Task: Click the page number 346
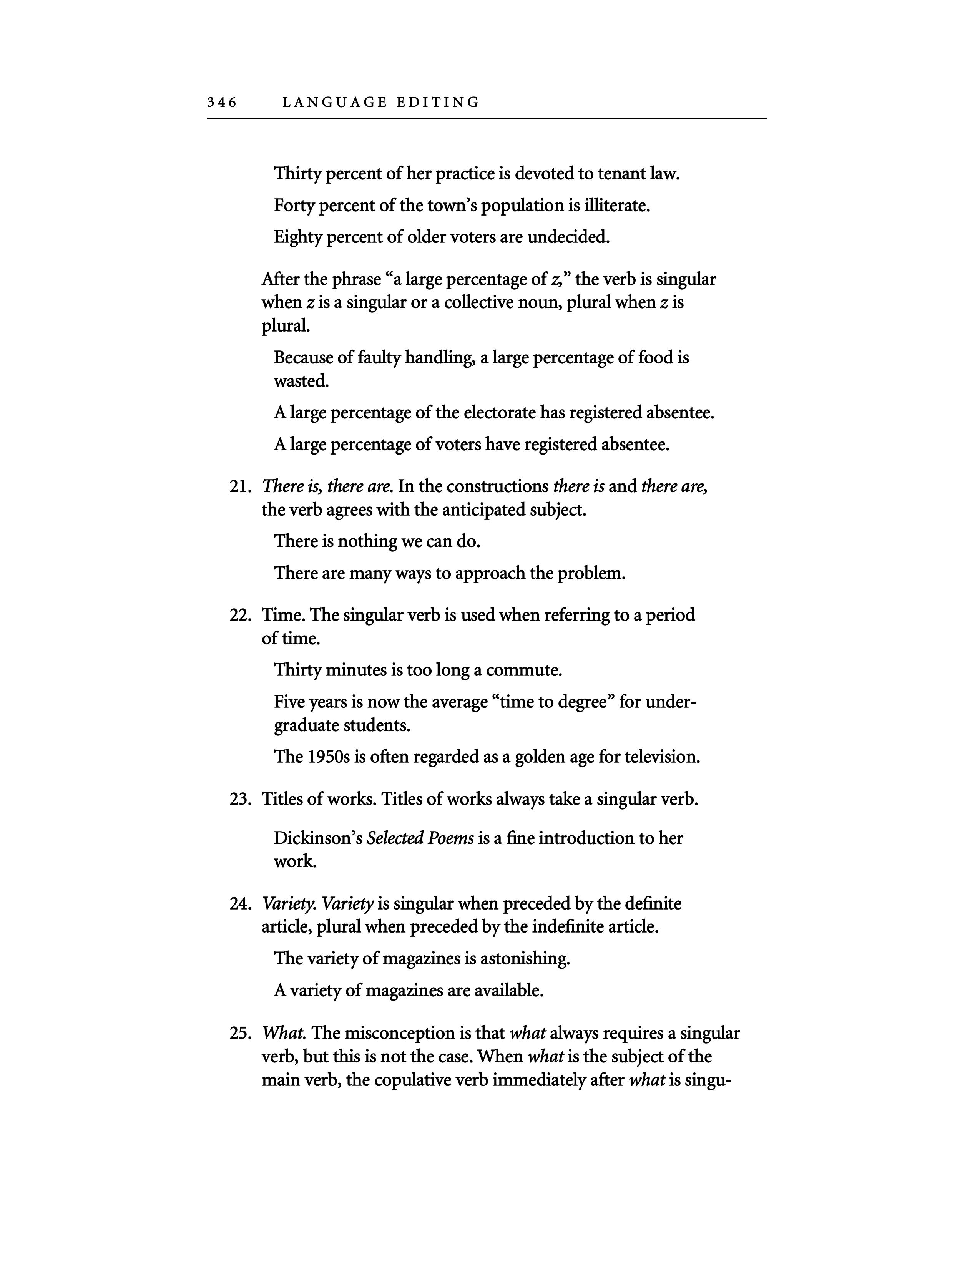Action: (x=222, y=103)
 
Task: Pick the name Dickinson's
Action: (x=318, y=838)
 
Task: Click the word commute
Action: (x=524, y=671)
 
